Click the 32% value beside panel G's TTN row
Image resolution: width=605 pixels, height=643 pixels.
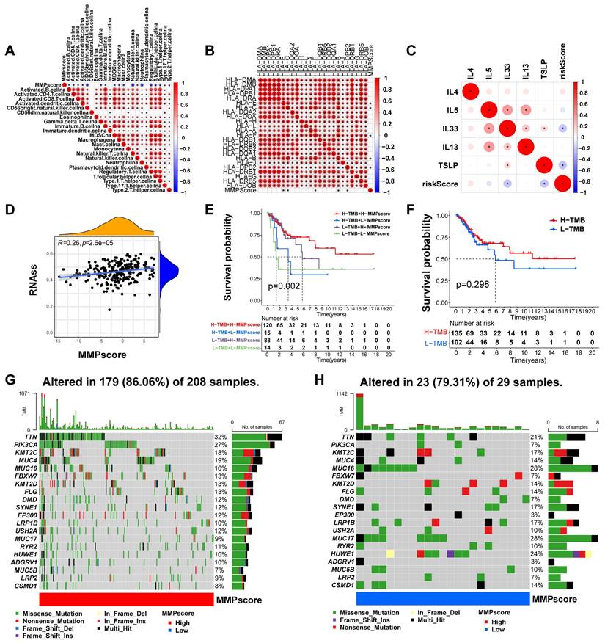(x=220, y=437)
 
